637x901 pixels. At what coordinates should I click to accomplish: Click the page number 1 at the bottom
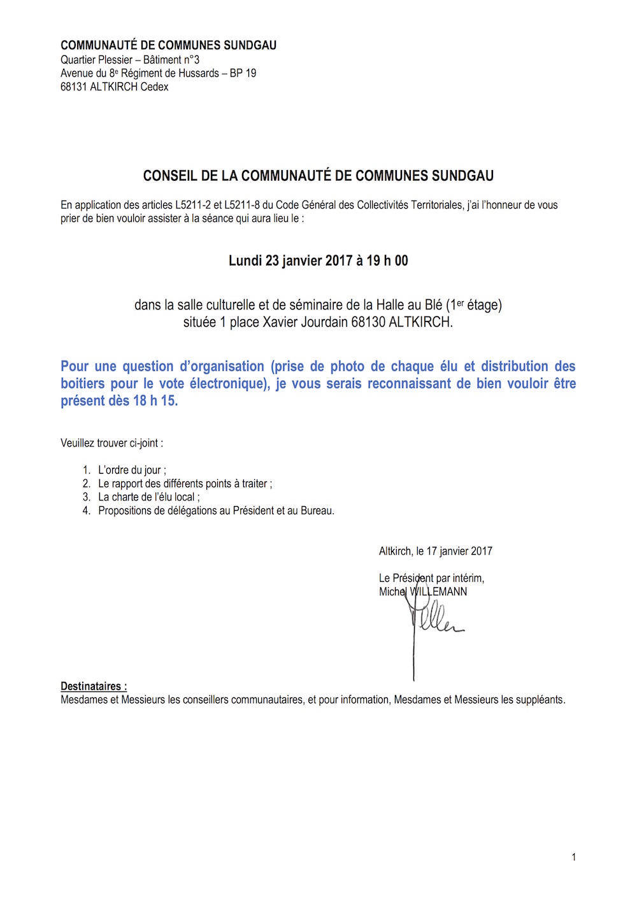pos(574,857)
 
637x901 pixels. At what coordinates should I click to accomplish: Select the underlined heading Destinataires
pos(93,686)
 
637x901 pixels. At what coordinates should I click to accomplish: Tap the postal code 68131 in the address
pos(74,87)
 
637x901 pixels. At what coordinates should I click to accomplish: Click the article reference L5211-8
pos(242,205)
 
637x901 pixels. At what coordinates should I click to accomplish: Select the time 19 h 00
pos(387,260)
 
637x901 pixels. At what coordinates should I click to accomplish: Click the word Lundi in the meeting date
pos(245,260)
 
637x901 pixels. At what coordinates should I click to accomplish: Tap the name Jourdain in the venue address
pos(324,322)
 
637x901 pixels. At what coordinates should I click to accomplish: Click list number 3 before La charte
pos(87,497)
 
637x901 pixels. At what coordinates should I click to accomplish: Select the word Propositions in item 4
pos(125,511)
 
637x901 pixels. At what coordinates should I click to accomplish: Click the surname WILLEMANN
pos(438,592)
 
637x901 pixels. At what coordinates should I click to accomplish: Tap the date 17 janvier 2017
pos(459,551)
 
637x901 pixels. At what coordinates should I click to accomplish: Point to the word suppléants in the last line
pos(539,700)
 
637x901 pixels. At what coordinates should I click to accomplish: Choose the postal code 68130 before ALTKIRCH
pos(368,322)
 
